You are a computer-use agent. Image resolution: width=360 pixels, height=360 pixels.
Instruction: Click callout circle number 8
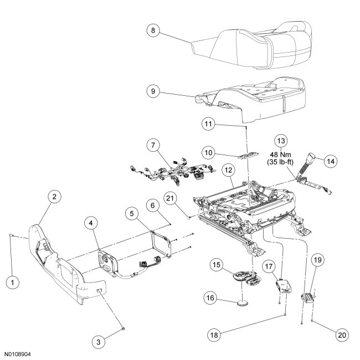[153, 31]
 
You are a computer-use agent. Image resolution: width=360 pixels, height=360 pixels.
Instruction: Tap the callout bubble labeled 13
[280, 142]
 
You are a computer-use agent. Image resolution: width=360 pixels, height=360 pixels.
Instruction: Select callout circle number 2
[56, 196]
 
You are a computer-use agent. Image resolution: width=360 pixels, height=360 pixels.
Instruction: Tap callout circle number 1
[12, 281]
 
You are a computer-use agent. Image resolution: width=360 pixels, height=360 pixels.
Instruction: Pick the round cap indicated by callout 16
[241, 303]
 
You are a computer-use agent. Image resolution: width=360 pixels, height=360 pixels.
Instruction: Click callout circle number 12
[227, 168]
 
